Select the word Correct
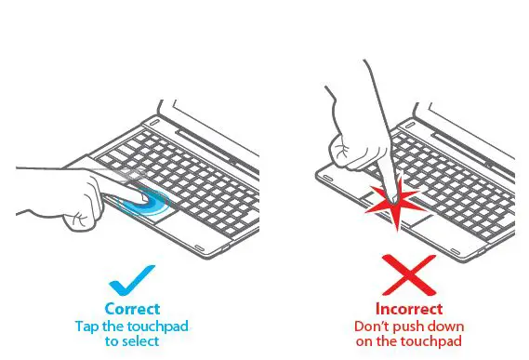tap(132, 309)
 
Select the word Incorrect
tap(409, 309)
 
